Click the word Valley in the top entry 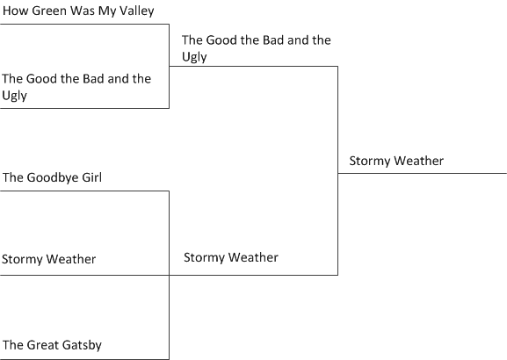pyautogui.click(x=137, y=11)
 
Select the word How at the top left pyautogui.click(x=16, y=11)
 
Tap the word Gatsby pyautogui.click(x=82, y=345)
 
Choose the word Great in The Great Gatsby pyautogui.click(x=43, y=345)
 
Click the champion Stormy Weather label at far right pyautogui.click(x=396, y=162)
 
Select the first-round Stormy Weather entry pyautogui.click(x=49, y=260)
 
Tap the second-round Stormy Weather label pyautogui.click(x=231, y=258)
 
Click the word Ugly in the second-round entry pyautogui.click(x=194, y=57)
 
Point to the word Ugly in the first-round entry pyautogui.click(x=15, y=96)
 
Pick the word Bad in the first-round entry pyautogui.click(x=93, y=79)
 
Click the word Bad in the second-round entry pyautogui.click(x=273, y=40)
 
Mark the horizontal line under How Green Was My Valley pyautogui.click(x=84, y=24)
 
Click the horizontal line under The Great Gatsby pyautogui.click(x=84, y=359)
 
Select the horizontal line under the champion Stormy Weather pyautogui.click(x=423, y=173)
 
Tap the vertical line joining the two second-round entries pyautogui.click(x=338, y=170)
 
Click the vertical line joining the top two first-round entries pyautogui.click(x=169, y=66)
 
